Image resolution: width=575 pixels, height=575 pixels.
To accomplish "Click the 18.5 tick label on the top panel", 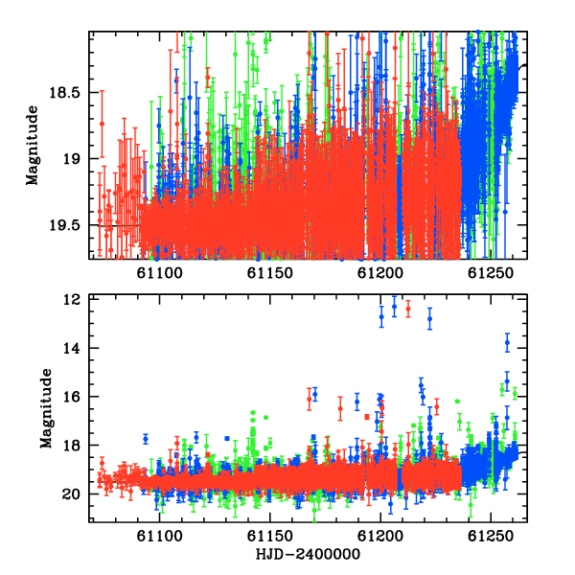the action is coord(65,92).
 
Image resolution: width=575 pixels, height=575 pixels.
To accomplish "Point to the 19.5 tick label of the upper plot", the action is coord(65,225).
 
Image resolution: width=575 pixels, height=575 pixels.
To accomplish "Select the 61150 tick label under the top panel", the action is coord(270,273).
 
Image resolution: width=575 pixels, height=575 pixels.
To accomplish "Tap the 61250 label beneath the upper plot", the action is coord(491,273).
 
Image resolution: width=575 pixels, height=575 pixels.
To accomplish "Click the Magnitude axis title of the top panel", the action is coord(32,146).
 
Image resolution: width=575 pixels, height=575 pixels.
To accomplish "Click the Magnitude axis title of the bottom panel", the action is coord(46,408).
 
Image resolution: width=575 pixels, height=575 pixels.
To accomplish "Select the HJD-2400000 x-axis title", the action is coord(308,554).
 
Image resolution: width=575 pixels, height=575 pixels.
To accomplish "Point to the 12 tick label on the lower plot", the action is coord(72,300).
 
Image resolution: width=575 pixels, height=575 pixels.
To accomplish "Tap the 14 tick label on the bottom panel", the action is coord(72,348).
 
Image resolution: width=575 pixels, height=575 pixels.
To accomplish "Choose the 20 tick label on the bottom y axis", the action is coord(71,494).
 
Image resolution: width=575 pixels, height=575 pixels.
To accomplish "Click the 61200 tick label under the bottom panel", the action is coord(380,536).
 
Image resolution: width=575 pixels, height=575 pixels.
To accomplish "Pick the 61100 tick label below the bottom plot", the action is coord(159,536).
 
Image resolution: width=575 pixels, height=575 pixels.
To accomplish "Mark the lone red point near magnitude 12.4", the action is coord(408,309).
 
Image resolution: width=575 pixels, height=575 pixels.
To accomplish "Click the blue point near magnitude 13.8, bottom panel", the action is coord(507,342).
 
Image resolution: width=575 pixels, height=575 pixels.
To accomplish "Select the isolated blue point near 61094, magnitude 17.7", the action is coord(146,439).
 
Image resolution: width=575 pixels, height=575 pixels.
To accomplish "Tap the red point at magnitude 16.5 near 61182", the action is coord(340,408).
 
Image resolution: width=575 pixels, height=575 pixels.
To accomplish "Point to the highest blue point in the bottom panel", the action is coord(394,307).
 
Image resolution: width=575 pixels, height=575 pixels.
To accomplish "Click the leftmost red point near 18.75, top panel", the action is coord(102,124).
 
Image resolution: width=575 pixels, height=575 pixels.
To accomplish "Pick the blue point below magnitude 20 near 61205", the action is coord(391,503).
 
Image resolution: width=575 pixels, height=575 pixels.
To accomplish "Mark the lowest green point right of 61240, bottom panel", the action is coord(471,505).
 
